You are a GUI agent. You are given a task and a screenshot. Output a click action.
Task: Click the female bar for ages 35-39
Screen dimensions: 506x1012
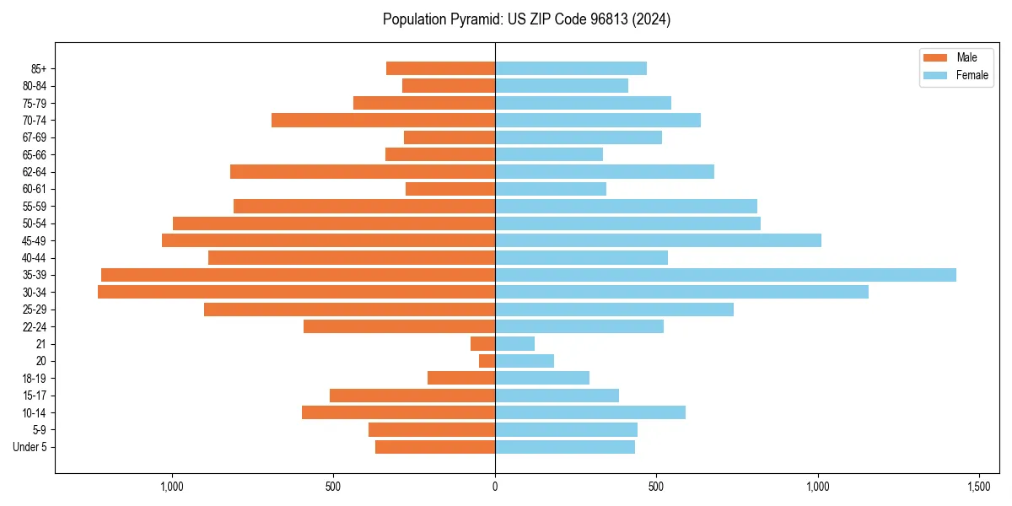(x=725, y=275)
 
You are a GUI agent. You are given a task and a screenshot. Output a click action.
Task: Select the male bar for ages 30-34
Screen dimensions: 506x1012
(x=296, y=292)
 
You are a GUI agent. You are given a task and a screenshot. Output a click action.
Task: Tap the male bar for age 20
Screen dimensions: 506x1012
(x=487, y=361)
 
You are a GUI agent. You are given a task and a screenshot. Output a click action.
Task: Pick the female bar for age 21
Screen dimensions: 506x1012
(x=514, y=343)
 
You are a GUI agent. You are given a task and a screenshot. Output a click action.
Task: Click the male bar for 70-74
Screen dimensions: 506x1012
(x=383, y=120)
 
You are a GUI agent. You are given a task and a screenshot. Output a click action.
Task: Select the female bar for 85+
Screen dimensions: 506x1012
(x=571, y=68)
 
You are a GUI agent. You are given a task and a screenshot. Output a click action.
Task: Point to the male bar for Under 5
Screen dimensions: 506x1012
(x=435, y=447)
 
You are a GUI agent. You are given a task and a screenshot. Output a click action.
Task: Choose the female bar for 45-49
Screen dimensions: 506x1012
(x=658, y=240)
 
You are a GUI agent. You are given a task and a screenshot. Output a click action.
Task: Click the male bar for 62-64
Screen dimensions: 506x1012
(x=363, y=171)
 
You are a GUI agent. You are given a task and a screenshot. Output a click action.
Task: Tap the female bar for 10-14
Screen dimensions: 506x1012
(x=590, y=412)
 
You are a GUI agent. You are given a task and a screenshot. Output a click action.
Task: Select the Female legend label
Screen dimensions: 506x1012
(x=972, y=75)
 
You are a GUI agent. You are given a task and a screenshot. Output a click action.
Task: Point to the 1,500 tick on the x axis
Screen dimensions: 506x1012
(x=979, y=487)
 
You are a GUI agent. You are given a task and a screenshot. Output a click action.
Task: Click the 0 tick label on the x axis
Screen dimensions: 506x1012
(x=495, y=487)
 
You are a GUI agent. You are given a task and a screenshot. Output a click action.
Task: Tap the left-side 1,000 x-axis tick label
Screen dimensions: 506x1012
(x=172, y=487)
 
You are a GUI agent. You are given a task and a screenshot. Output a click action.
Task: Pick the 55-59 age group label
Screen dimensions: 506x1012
(x=35, y=206)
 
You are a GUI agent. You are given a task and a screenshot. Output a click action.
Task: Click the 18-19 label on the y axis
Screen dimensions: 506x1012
(x=35, y=378)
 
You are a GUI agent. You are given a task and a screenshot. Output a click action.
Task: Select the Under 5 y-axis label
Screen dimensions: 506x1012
(x=30, y=447)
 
